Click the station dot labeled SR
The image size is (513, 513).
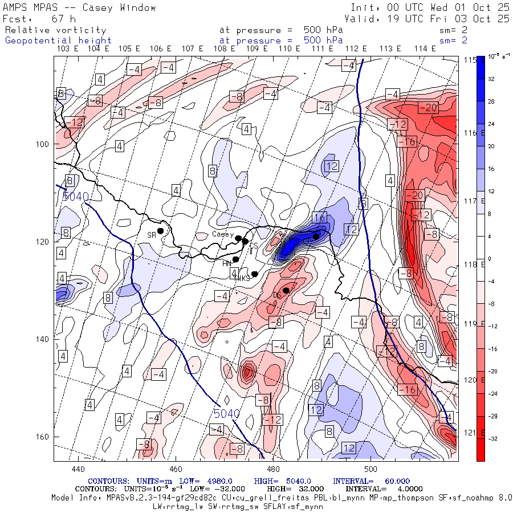[161, 230]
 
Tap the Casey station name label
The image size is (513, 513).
[222, 234]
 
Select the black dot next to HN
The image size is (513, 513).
[235, 259]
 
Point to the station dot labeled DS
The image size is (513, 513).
[286, 290]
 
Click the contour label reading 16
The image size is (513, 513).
[319, 218]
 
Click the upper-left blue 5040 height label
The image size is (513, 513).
[76, 197]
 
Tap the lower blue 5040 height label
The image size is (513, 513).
[227, 413]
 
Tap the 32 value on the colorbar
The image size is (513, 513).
[491, 80]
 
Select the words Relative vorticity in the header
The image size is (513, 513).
[56, 30]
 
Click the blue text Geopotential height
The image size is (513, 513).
[59, 40]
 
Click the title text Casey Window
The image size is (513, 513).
[119, 8]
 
